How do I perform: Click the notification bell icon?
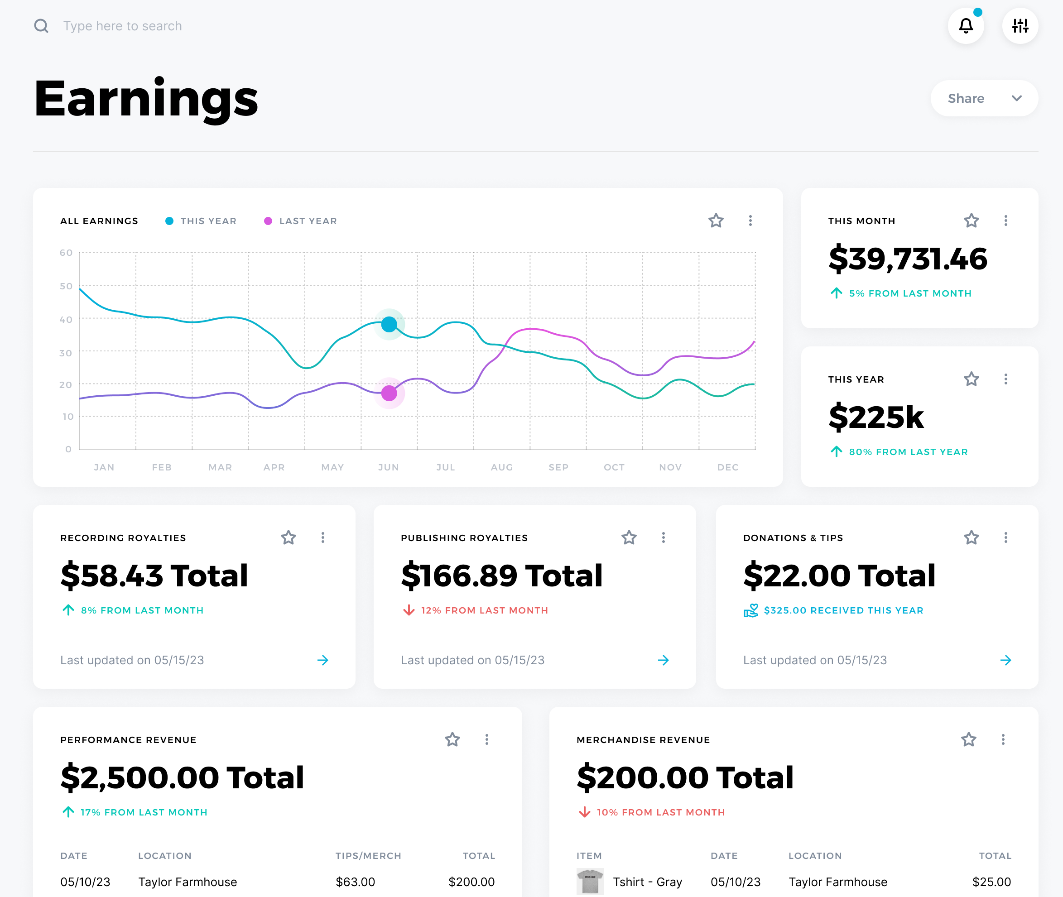pyautogui.click(x=965, y=25)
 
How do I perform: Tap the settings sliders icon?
pyautogui.click(x=1020, y=25)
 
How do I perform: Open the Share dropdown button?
pyautogui.click(x=984, y=98)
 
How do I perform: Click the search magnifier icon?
pyautogui.click(x=41, y=25)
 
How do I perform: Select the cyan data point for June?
pyautogui.click(x=389, y=324)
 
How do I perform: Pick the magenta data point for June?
pyautogui.click(x=389, y=393)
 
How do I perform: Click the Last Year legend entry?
pyautogui.click(x=301, y=221)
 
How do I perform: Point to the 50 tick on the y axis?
pyautogui.click(x=66, y=286)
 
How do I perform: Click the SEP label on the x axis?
pyautogui.click(x=558, y=467)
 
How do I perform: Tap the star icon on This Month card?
pyautogui.click(x=971, y=221)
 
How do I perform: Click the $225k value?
pyautogui.click(x=876, y=417)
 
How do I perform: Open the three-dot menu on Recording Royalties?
pyautogui.click(x=323, y=537)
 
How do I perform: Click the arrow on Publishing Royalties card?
pyautogui.click(x=663, y=660)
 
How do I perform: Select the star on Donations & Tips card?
pyautogui.click(x=971, y=537)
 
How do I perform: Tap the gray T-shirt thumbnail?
pyautogui.click(x=590, y=881)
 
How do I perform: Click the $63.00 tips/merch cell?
pyautogui.click(x=355, y=882)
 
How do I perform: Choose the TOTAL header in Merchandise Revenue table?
pyautogui.click(x=995, y=856)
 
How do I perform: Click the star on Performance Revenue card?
pyautogui.click(x=452, y=739)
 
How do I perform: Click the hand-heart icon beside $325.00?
pyautogui.click(x=750, y=610)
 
